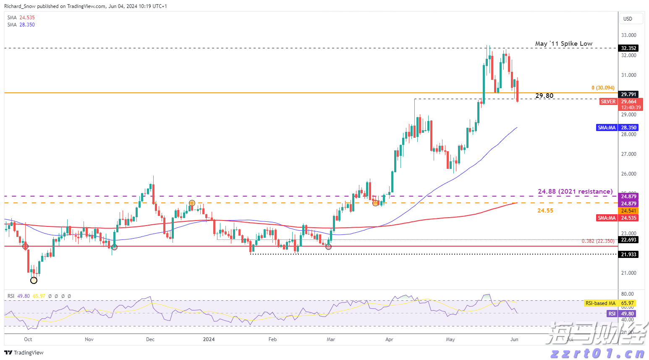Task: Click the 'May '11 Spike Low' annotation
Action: point(563,44)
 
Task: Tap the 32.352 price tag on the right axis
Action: point(628,48)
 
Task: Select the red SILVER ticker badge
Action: point(608,102)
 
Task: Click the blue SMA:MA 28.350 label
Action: point(607,128)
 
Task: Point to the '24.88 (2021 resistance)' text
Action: point(575,192)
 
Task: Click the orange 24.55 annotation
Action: point(545,210)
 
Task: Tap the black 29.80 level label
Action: point(544,96)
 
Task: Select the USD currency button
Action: point(628,18)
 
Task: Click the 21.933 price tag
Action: point(628,255)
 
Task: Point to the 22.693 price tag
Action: point(628,240)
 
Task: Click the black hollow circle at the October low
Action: point(34,280)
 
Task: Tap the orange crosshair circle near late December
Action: point(192,203)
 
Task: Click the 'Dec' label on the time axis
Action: point(150,339)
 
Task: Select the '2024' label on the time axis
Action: point(209,339)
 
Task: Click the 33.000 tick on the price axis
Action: point(629,35)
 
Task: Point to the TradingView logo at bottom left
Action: point(24,353)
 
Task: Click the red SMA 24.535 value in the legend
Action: point(27,18)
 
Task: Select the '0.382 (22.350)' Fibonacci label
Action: point(598,241)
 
